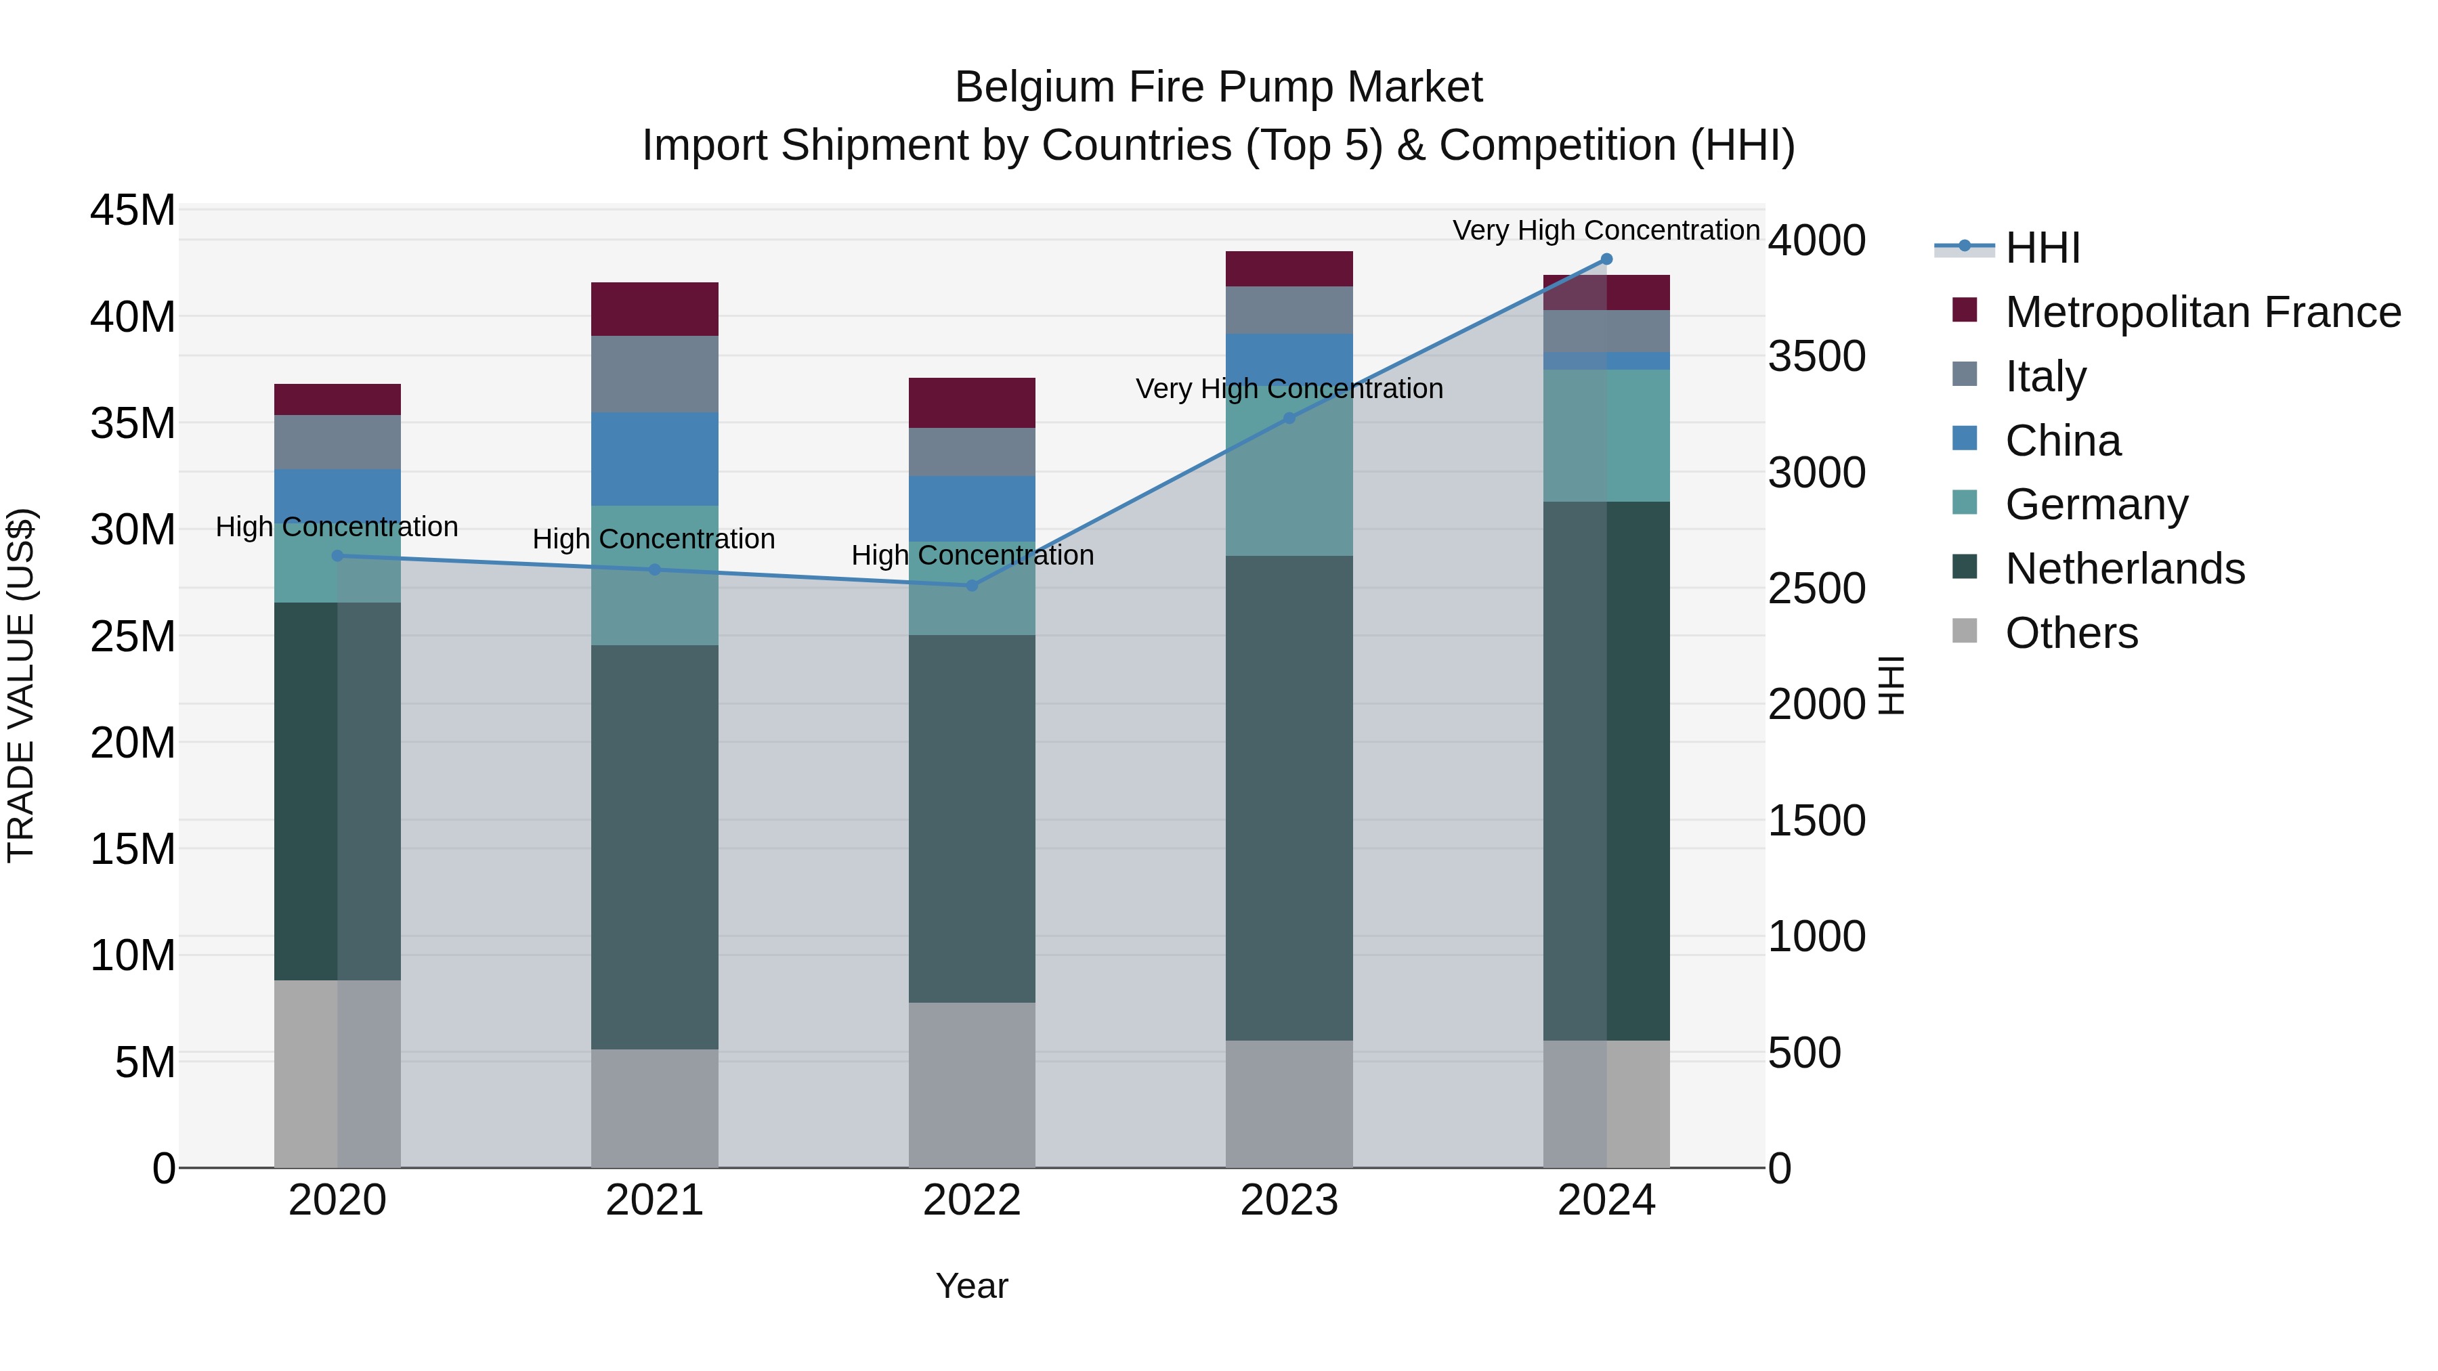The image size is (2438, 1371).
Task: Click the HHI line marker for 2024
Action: (x=1606, y=259)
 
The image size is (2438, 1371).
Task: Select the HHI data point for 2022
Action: (x=972, y=586)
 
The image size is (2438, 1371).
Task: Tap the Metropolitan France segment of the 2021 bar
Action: (x=654, y=309)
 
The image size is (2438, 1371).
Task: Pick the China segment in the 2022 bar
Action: (x=972, y=508)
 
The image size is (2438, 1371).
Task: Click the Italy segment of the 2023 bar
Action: (x=1289, y=309)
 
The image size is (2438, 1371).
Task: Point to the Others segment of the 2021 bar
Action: (x=654, y=1107)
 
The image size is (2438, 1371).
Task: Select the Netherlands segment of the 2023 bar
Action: (x=1289, y=797)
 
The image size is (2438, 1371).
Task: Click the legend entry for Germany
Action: (x=2095, y=504)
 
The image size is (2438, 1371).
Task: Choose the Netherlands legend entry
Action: (x=2124, y=569)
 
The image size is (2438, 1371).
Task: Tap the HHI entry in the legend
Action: (x=2041, y=248)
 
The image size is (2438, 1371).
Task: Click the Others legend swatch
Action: (x=1964, y=631)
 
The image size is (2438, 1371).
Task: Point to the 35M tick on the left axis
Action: (x=133, y=423)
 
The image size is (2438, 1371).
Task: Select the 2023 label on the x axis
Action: (x=1289, y=1200)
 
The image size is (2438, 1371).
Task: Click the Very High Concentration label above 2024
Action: (x=1606, y=230)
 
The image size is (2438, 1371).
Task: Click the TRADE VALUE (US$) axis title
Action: (x=21, y=685)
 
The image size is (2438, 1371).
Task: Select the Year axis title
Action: (x=972, y=1286)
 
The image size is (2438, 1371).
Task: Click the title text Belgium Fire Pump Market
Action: (x=1218, y=87)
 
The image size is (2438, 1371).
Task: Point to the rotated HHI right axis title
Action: (x=1890, y=685)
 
